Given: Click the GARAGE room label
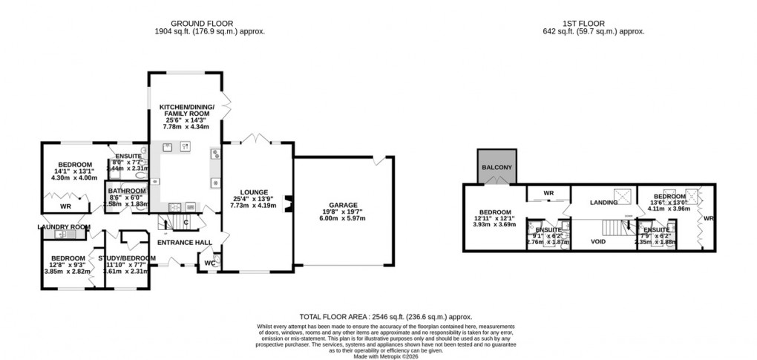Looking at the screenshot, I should click(x=344, y=204).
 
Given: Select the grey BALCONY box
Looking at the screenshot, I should click(x=497, y=167).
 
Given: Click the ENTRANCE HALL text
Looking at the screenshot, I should click(x=184, y=242).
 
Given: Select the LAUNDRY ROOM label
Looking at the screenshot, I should click(x=64, y=227).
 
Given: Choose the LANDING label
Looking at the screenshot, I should click(x=604, y=202).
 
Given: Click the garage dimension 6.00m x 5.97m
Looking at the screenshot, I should click(x=344, y=219).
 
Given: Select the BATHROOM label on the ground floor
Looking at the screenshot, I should click(x=126, y=191).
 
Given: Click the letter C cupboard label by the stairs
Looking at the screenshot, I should click(x=186, y=222).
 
